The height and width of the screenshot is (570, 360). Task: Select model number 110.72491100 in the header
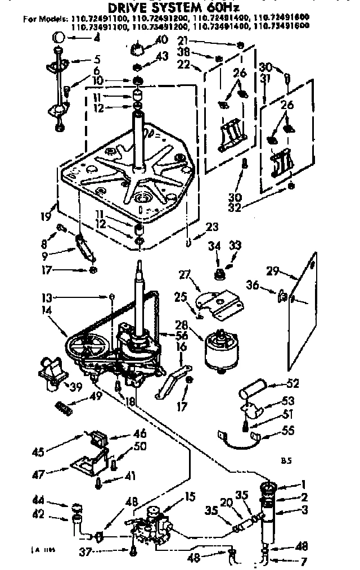pyautogui.click(x=94, y=19)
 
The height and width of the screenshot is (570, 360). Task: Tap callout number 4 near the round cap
pyautogui.click(x=97, y=39)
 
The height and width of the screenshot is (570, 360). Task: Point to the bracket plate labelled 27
pyautogui.click(x=217, y=301)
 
